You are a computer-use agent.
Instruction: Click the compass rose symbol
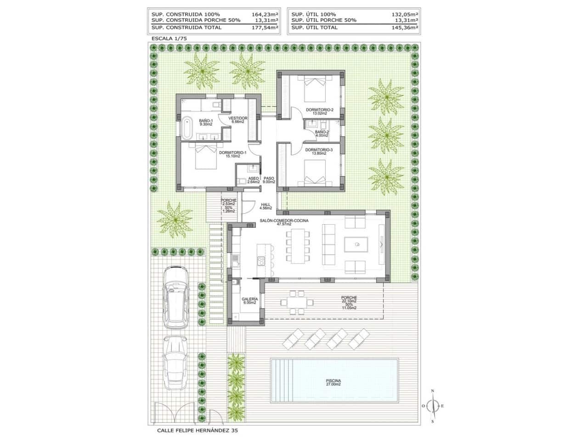pyautogui.click(x=432, y=406)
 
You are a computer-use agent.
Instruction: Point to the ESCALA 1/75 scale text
pyautogui.click(x=169, y=40)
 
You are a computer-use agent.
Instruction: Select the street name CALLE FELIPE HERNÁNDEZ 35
pyautogui.click(x=198, y=431)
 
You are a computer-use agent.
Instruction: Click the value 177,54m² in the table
pyautogui.click(x=265, y=28)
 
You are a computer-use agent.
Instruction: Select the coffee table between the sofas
pyautogui.click(x=356, y=245)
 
